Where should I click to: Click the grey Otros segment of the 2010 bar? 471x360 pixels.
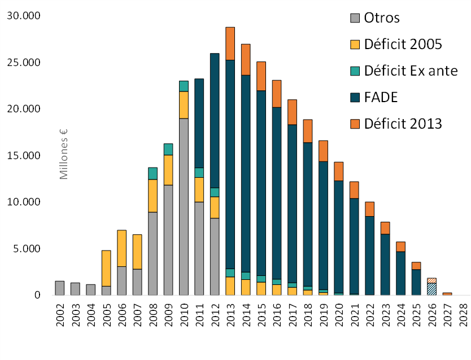click(x=184, y=206)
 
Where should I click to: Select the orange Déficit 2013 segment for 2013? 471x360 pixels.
click(x=230, y=43)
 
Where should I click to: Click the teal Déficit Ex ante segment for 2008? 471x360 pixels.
click(x=152, y=173)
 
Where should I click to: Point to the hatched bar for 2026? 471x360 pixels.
click(x=431, y=288)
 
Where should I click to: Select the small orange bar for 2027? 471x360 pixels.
click(x=447, y=293)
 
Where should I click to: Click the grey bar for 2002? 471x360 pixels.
click(x=59, y=288)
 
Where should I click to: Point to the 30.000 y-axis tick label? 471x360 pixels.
click(x=23, y=15)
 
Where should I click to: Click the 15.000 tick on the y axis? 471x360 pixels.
click(x=23, y=155)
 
